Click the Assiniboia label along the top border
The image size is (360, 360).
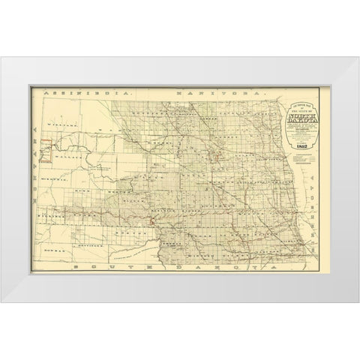[x=85, y=91]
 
